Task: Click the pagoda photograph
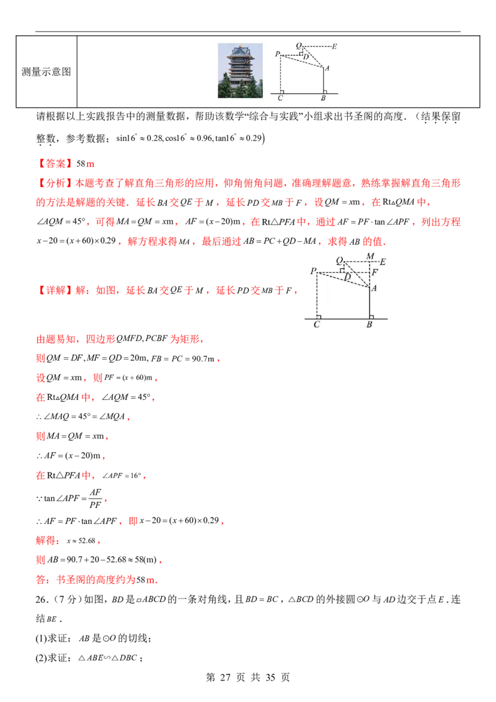point(240,70)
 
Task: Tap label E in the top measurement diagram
point(334,46)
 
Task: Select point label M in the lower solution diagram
point(370,256)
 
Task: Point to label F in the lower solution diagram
point(375,272)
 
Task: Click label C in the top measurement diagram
point(280,98)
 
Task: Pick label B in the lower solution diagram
point(370,324)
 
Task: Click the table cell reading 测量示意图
point(46,72)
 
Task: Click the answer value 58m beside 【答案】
point(85,164)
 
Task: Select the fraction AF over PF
point(95,499)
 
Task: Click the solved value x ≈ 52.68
point(81,540)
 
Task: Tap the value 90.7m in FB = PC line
point(203,358)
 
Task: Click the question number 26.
point(41,599)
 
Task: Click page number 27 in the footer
point(225,677)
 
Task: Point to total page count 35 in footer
point(270,677)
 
